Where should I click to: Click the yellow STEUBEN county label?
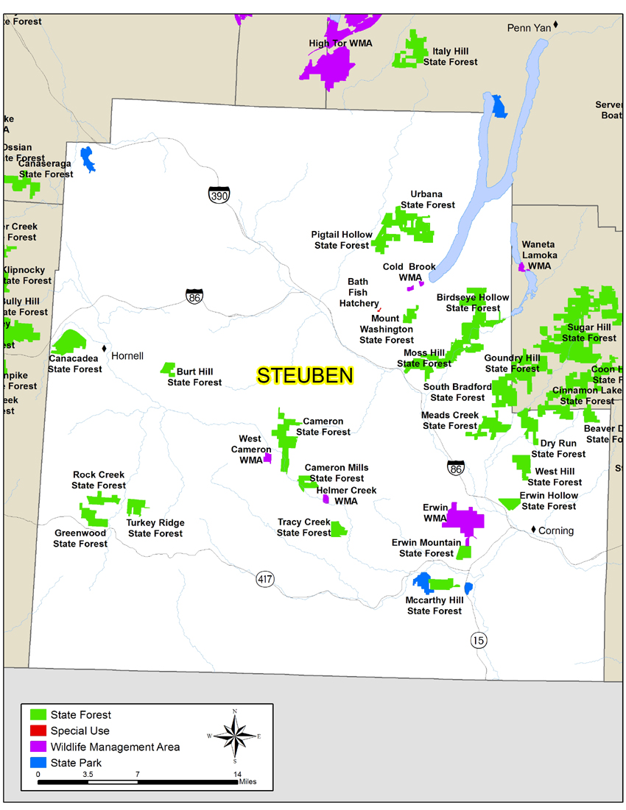[x=305, y=375]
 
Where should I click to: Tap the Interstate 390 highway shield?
[x=219, y=194]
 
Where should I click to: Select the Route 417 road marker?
[x=265, y=579]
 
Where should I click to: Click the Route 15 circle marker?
[x=479, y=640]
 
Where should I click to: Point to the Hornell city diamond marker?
[x=105, y=348]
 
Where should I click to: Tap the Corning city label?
[x=555, y=530]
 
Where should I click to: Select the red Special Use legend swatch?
[x=38, y=731]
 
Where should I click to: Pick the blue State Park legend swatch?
[x=38, y=763]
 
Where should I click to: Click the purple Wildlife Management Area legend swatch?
[x=38, y=747]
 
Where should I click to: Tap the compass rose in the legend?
[x=234, y=736]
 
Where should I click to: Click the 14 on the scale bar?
[x=237, y=774]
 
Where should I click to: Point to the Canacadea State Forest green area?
[x=70, y=341]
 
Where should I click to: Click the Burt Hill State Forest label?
[x=194, y=377]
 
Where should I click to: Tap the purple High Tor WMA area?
[x=328, y=68]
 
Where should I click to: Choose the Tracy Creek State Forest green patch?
[x=338, y=529]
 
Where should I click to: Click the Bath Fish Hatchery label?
[x=359, y=293]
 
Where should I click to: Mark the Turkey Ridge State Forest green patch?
[x=135, y=507]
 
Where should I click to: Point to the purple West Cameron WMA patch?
[x=267, y=458]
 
